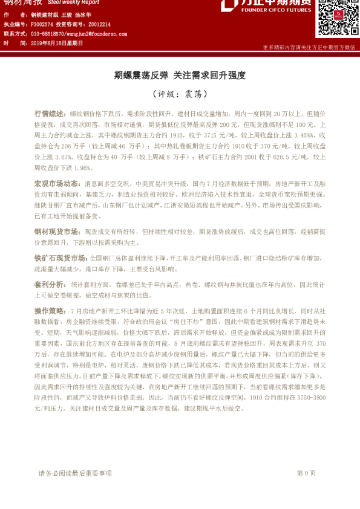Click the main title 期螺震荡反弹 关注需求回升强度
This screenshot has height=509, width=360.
[x=180, y=76]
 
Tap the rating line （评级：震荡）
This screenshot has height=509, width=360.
[x=180, y=94]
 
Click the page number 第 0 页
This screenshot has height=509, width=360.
[x=306, y=473]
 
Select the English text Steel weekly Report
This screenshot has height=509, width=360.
[x=77, y=3]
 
